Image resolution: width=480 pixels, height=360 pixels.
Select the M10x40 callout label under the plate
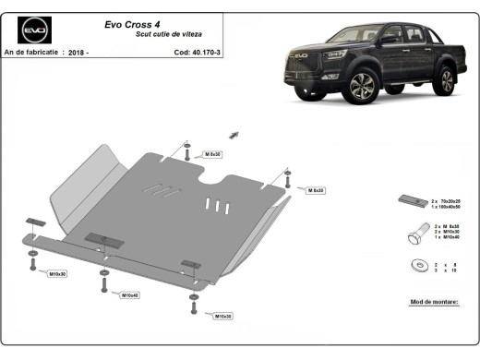tap(129, 295)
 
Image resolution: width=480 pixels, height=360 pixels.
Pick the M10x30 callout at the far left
tap(58, 275)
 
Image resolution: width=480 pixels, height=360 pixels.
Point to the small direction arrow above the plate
tap(234, 135)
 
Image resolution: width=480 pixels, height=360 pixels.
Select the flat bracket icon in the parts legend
tap(413, 200)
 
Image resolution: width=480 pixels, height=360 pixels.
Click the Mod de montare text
tap(434, 302)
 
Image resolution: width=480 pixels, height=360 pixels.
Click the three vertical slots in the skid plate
tap(214, 204)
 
